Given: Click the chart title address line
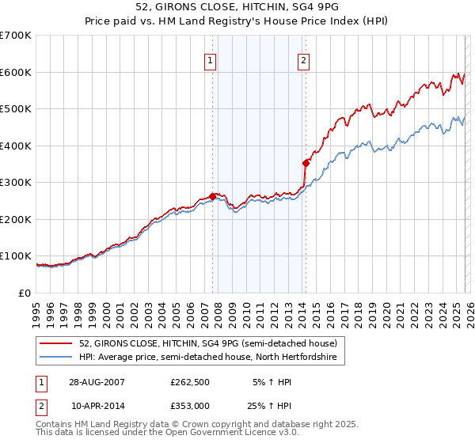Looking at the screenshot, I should coord(237,7).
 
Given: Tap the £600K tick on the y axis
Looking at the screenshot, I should coord(16,72).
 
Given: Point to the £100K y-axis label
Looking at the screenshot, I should coord(16,256).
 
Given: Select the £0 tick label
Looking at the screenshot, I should coord(25,293).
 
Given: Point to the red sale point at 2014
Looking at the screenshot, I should coord(305,163).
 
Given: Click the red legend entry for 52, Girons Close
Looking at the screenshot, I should coord(207,343).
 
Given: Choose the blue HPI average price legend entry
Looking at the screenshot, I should coord(207,358).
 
